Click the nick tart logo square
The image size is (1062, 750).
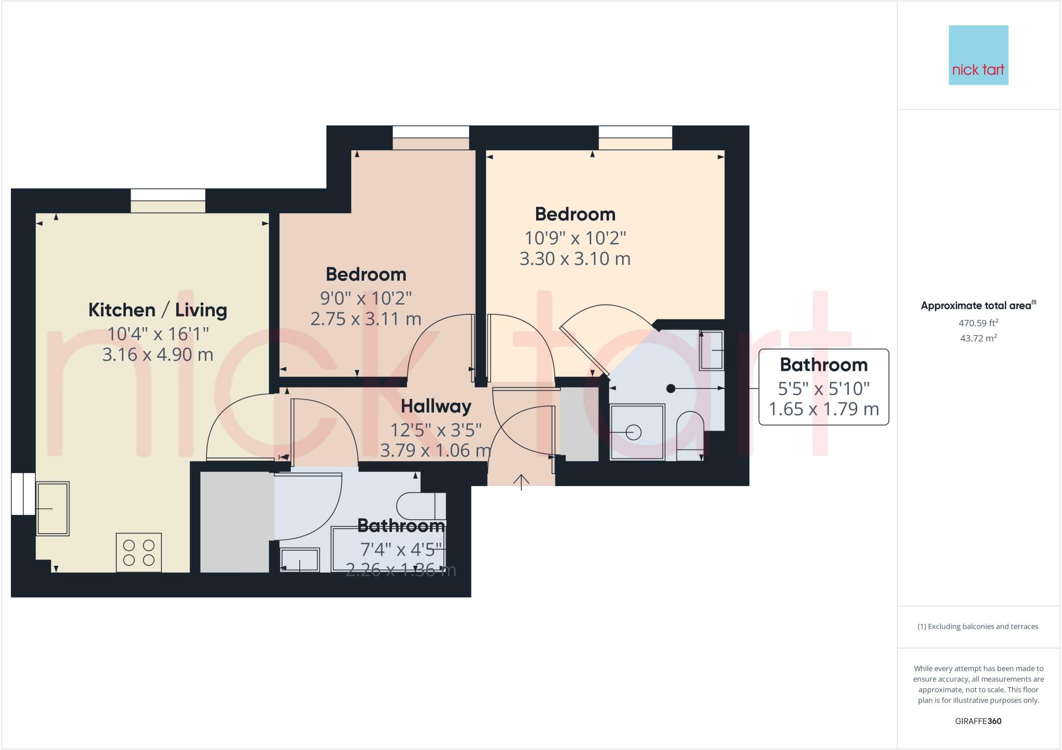coord(978,55)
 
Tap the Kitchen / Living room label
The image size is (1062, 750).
coord(158,310)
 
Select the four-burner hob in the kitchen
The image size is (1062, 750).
coord(138,552)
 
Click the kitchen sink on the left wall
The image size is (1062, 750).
coord(52,509)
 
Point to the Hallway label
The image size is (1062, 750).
coord(436,406)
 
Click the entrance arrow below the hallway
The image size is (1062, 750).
coord(521,482)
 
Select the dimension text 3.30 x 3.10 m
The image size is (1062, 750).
coord(575,258)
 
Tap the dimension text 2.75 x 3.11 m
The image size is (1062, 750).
coord(366,318)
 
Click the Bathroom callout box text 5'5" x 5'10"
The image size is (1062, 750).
coord(823,388)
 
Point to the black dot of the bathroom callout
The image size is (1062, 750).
coord(670,388)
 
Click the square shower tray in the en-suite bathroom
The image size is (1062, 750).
coord(637,432)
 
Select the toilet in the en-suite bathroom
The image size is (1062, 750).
coord(690,435)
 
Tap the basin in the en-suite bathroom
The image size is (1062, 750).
coord(711,351)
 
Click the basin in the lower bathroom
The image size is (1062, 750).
coord(300,560)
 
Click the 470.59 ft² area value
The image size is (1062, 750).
coord(978,323)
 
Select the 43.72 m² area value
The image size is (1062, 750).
coord(978,338)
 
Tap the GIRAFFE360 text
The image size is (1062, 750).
coord(978,721)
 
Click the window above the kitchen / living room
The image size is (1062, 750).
coord(168,200)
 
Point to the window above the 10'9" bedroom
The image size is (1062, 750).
coord(635,137)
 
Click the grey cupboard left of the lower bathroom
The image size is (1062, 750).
coord(234,522)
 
